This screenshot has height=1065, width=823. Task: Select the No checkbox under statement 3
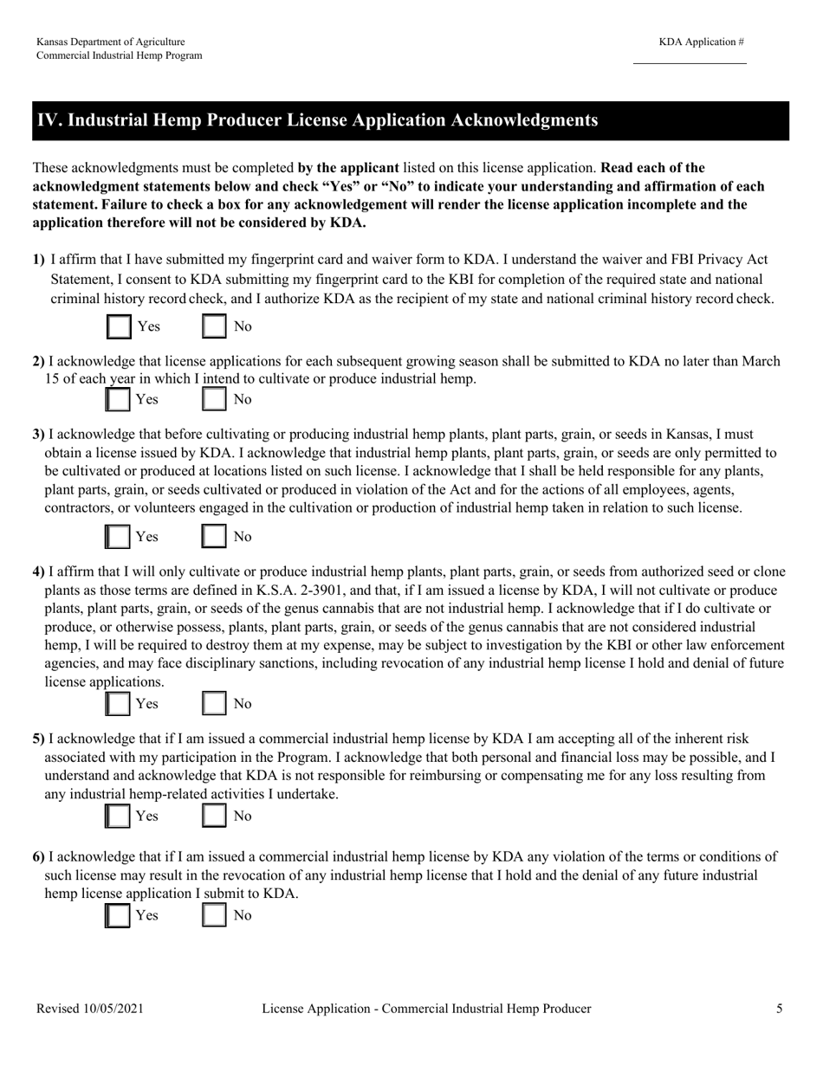point(214,537)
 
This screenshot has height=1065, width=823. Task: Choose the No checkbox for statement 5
point(214,816)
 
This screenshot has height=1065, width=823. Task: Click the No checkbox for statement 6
point(214,915)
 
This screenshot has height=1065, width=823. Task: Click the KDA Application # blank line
point(690,60)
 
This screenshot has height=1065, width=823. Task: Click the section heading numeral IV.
point(47,120)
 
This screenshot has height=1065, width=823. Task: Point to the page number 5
point(780,1009)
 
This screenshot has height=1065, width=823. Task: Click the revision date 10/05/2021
point(112,1009)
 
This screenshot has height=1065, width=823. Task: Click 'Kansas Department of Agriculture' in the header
point(110,42)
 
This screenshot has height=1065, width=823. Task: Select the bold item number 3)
point(39,434)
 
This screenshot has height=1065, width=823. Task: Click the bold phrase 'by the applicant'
point(347,167)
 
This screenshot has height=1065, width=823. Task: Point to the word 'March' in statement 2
point(761,361)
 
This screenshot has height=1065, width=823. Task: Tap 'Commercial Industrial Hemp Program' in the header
point(120,55)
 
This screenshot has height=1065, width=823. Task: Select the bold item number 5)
point(39,739)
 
